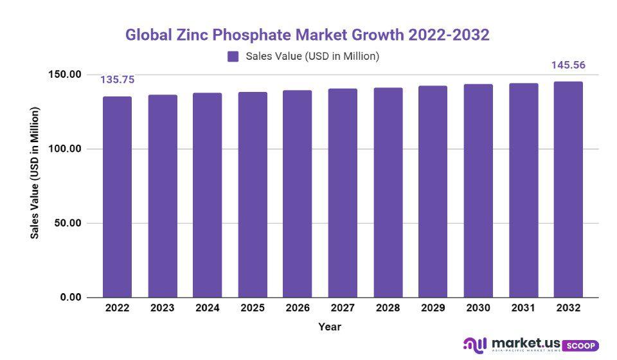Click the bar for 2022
pos(117,197)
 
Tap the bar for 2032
pos(568,190)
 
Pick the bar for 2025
pos(253,195)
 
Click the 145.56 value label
pos(568,65)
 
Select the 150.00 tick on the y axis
pos(64,75)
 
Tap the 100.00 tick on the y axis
pos(64,148)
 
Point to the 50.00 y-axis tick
pos(67,223)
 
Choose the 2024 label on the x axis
pos(207,308)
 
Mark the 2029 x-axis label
pos(433,308)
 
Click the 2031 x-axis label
pos(523,308)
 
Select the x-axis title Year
pos(330,327)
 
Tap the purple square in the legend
pos(233,57)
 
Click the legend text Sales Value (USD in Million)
pos(312,57)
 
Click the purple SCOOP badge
pos(580,345)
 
